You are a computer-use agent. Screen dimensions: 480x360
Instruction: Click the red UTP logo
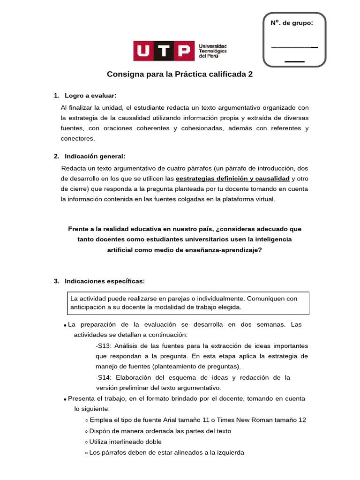point(164,51)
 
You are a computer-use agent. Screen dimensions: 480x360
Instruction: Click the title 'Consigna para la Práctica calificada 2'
point(180,74)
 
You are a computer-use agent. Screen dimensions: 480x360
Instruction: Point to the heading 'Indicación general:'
point(95,156)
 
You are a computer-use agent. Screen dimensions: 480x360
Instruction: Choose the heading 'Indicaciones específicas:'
point(105,281)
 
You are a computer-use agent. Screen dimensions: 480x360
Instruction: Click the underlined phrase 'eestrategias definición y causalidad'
point(232,179)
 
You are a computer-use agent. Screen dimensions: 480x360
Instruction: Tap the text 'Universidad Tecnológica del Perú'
point(213,51)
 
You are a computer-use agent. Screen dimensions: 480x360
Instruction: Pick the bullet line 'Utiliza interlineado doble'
point(125,442)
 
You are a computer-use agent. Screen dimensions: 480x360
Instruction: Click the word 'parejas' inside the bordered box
point(201,298)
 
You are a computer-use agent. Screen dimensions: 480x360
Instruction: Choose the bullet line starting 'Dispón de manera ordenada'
point(160,431)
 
